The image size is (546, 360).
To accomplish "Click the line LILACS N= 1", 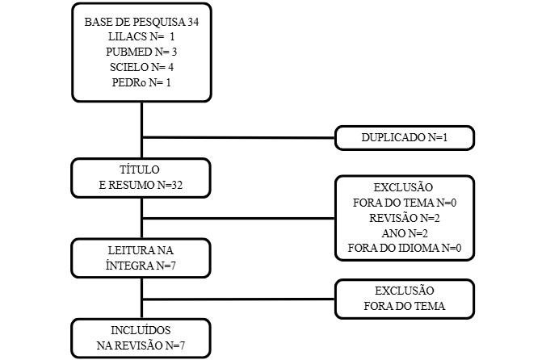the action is tap(141, 36).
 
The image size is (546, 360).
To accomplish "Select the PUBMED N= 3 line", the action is tap(141, 52).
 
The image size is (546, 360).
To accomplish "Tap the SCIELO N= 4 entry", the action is tap(141, 67).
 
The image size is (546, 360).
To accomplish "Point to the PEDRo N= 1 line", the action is tap(141, 82).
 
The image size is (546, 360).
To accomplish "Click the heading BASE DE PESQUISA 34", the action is tap(141, 22).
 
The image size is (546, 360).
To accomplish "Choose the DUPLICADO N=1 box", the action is tap(405, 138).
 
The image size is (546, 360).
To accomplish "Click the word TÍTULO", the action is tap(140, 170).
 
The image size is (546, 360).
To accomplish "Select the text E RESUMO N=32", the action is tap(141, 185).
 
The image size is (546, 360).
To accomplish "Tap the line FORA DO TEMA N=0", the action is tap(405, 203).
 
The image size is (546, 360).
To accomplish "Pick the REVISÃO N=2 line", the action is tap(405, 218).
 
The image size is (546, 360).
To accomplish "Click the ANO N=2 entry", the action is tap(405, 233).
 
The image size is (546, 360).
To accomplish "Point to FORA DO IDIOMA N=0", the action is tap(405, 248).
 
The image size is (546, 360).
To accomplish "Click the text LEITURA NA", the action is tap(141, 250).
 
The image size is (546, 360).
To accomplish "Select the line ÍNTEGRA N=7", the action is tap(141, 266).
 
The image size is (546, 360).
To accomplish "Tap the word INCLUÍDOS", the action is tap(141, 330).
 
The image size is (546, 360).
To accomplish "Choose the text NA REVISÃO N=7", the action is tap(141, 345).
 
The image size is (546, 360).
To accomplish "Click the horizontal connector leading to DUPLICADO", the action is tap(238, 138).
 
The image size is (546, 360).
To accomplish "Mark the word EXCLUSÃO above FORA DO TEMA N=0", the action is tap(403, 187).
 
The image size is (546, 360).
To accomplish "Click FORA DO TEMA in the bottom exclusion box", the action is tap(405, 306).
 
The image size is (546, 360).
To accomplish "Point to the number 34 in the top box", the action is tap(193, 22).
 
